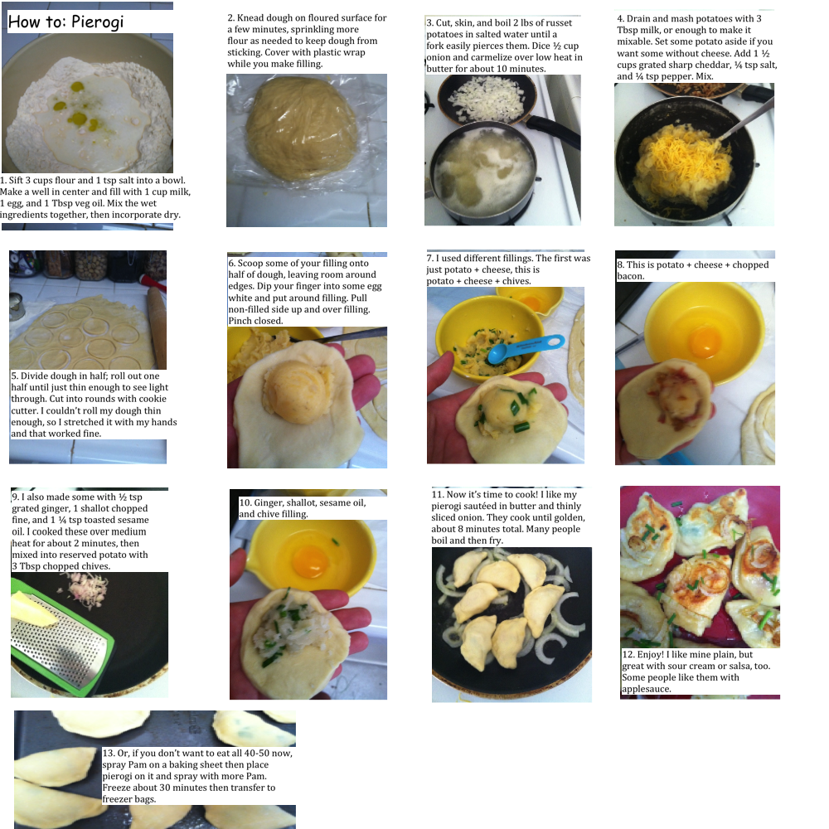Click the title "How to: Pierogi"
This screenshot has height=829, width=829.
pyautogui.click(x=65, y=22)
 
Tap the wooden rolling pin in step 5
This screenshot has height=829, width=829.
pyautogui.click(x=157, y=327)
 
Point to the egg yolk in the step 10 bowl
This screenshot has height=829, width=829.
pyautogui.click(x=309, y=562)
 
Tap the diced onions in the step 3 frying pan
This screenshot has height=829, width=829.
pyautogui.click(x=487, y=99)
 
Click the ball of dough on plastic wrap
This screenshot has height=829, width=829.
pyautogui.click(x=303, y=127)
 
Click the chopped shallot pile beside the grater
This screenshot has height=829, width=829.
pyautogui.click(x=89, y=589)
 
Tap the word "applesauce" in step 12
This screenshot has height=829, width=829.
pyautogui.click(x=646, y=689)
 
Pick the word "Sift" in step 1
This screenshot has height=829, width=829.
pyautogui.click(x=17, y=180)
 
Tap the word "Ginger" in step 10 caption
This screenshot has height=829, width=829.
pyautogui.click(x=268, y=503)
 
